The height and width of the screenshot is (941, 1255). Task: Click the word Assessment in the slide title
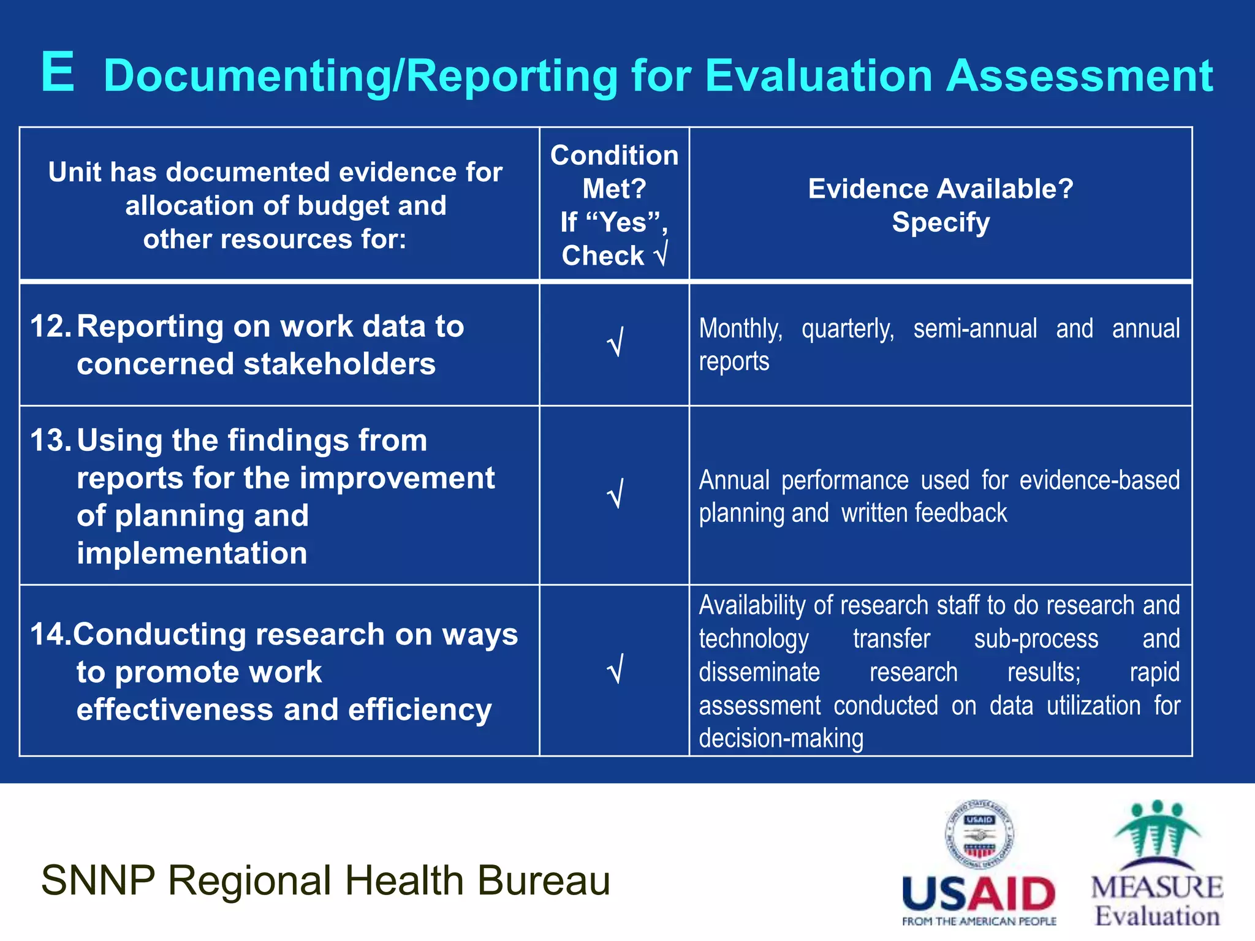(x=1079, y=76)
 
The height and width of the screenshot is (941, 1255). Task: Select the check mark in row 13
(x=615, y=493)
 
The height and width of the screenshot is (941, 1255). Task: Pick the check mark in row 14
(x=615, y=668)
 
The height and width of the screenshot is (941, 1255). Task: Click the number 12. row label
(x=51, y=327)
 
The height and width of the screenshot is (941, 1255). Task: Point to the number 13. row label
(x=51, y=440)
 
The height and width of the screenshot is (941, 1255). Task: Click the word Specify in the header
(x=941, y=222)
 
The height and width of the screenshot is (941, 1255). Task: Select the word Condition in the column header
(x=614, y=156)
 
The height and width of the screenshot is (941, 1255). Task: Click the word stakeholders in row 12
(x=339, y=364)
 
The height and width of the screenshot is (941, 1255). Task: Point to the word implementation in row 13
(x=192, y=553)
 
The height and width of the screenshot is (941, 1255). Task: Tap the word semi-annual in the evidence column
(x=975, y=329)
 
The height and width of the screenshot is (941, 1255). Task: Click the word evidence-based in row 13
(x=1099, y=480)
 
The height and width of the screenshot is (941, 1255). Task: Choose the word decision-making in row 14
(x=781, y=739)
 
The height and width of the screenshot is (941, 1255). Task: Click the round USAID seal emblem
(x=979, y=834)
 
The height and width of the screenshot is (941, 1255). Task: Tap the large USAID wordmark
(x=979, y=894)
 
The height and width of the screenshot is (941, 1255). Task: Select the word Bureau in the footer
(x=544, y=880)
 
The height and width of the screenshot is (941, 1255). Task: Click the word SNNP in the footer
(x=98, y=880)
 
